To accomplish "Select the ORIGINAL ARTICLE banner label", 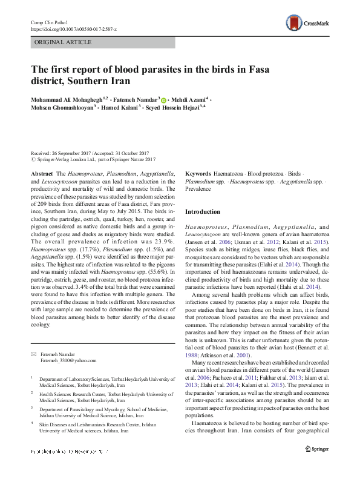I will tap(63, 42).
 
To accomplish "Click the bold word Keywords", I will tap(198, 174).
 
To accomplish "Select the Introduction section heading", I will tap(203, 212).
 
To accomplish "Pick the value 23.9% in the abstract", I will tap(162, 239).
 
